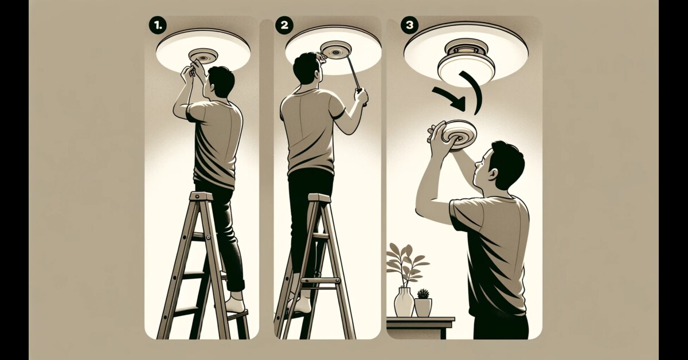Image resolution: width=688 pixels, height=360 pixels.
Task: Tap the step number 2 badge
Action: (x=284, y=25)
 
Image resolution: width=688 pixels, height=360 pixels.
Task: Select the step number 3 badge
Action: (x=410, y=25)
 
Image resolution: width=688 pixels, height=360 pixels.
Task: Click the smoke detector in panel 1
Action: (x=203, y=57)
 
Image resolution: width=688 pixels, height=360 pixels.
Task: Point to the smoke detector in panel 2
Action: (x=335, y=50)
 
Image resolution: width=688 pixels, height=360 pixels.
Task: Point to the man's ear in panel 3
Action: (x=491, y=175)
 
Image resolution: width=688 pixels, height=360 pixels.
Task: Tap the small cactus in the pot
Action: (x=423, y=294)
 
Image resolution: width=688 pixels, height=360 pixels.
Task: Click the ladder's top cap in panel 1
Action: (x=201, y=195)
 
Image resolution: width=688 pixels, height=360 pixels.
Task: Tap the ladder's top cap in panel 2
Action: (x=319, y=198)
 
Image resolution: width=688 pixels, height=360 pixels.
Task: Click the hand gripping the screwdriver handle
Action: (x=361, y=96)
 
